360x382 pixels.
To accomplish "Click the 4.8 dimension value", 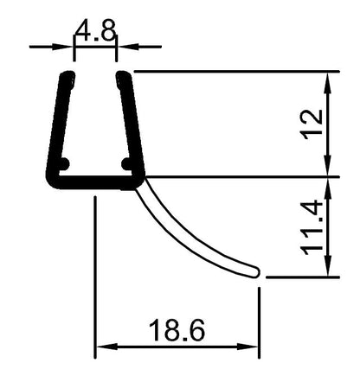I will click(95, 33).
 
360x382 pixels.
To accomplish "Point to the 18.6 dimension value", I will click(177, 331).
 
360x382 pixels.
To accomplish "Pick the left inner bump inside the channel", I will click(63, 162).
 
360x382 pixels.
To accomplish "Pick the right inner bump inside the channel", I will click(126, 162).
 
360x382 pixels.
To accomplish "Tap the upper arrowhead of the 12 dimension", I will click(329, 80).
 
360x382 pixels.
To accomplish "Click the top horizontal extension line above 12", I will click(234, 73).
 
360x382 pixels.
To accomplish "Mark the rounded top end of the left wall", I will click(66, 77).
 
